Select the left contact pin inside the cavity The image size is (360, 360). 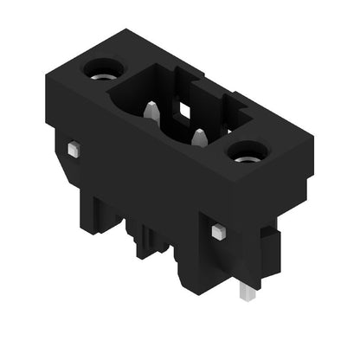pyautogui.click(x=151, y=112)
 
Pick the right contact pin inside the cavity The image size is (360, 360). pyautogui.click(x=199, y=138)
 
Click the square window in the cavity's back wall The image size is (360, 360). pyautogui.click(x=184, y=109)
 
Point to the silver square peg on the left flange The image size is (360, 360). pyautogui.click(x=74, y=149)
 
